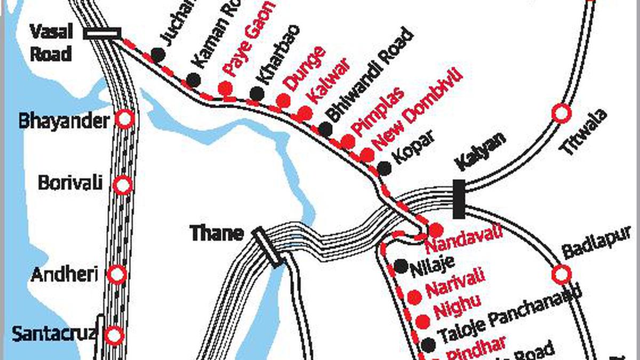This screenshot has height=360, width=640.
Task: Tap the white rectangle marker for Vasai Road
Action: pos(101,34)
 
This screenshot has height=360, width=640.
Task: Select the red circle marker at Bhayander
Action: pos(124,120)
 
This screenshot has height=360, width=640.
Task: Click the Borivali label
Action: pos(69,183)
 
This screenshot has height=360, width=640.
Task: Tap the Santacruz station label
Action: pos(53,335)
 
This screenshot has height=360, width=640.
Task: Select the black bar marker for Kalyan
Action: pos(459,198)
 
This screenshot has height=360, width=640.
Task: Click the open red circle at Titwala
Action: pos(561,113)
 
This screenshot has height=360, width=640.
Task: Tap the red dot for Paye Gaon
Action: pos(225,89)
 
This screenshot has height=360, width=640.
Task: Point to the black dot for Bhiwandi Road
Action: pos(324,129)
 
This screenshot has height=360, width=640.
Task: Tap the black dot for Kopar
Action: pos(384,169)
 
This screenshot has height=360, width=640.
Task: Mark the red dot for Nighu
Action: pos(423,321)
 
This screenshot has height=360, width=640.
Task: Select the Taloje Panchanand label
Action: pos(508,317)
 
